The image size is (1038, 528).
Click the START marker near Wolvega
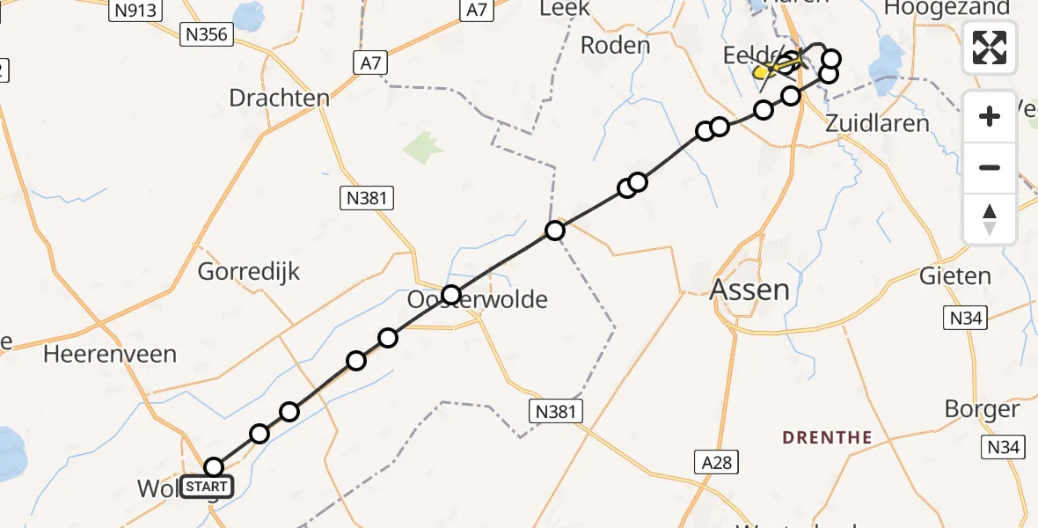(x=208, y=486)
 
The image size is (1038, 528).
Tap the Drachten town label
(x=279, y=98)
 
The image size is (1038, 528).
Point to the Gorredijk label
(x=249, y=271)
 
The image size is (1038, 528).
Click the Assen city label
(x=749, y=290)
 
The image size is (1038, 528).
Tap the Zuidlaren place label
(x=877, y=123)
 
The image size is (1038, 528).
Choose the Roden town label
(x=616, y=45)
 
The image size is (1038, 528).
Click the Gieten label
(x=954, y=276)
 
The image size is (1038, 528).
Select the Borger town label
(x=982, y=409)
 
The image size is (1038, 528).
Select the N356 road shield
(x=205, y=35)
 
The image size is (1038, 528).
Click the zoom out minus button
(x=990, y=167)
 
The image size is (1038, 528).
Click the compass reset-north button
(x=990, y=219)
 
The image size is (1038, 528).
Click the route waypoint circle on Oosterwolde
(x=451, y=295)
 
